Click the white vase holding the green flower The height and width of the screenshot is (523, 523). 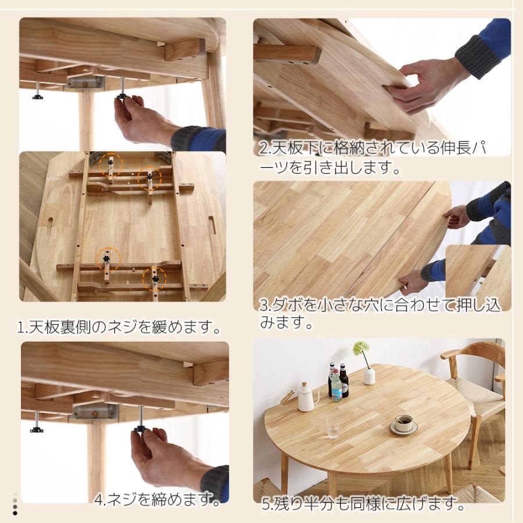pos(369,375)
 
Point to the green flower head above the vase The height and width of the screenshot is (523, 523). pos(361,348)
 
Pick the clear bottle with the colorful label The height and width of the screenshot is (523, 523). pos(336,385)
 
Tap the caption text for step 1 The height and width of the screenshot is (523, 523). pos(119,328)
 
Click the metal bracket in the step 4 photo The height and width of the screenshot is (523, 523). pos(95,412)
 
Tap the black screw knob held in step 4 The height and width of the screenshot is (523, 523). pos(140,429)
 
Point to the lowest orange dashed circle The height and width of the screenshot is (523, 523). pos(155,280)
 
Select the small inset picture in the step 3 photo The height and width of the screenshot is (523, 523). pos(478,277)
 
